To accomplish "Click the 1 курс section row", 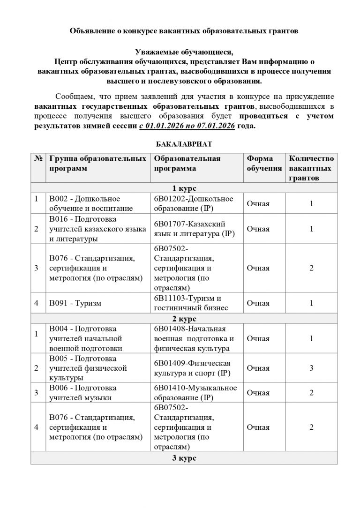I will click(184, 188).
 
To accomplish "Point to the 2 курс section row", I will click(184, 319).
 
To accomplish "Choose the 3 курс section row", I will click(184, 457).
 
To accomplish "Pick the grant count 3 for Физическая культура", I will click(311, 368).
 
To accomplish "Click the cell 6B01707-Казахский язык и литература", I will click(194, 229).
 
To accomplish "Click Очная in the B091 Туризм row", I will click(258, 303).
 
